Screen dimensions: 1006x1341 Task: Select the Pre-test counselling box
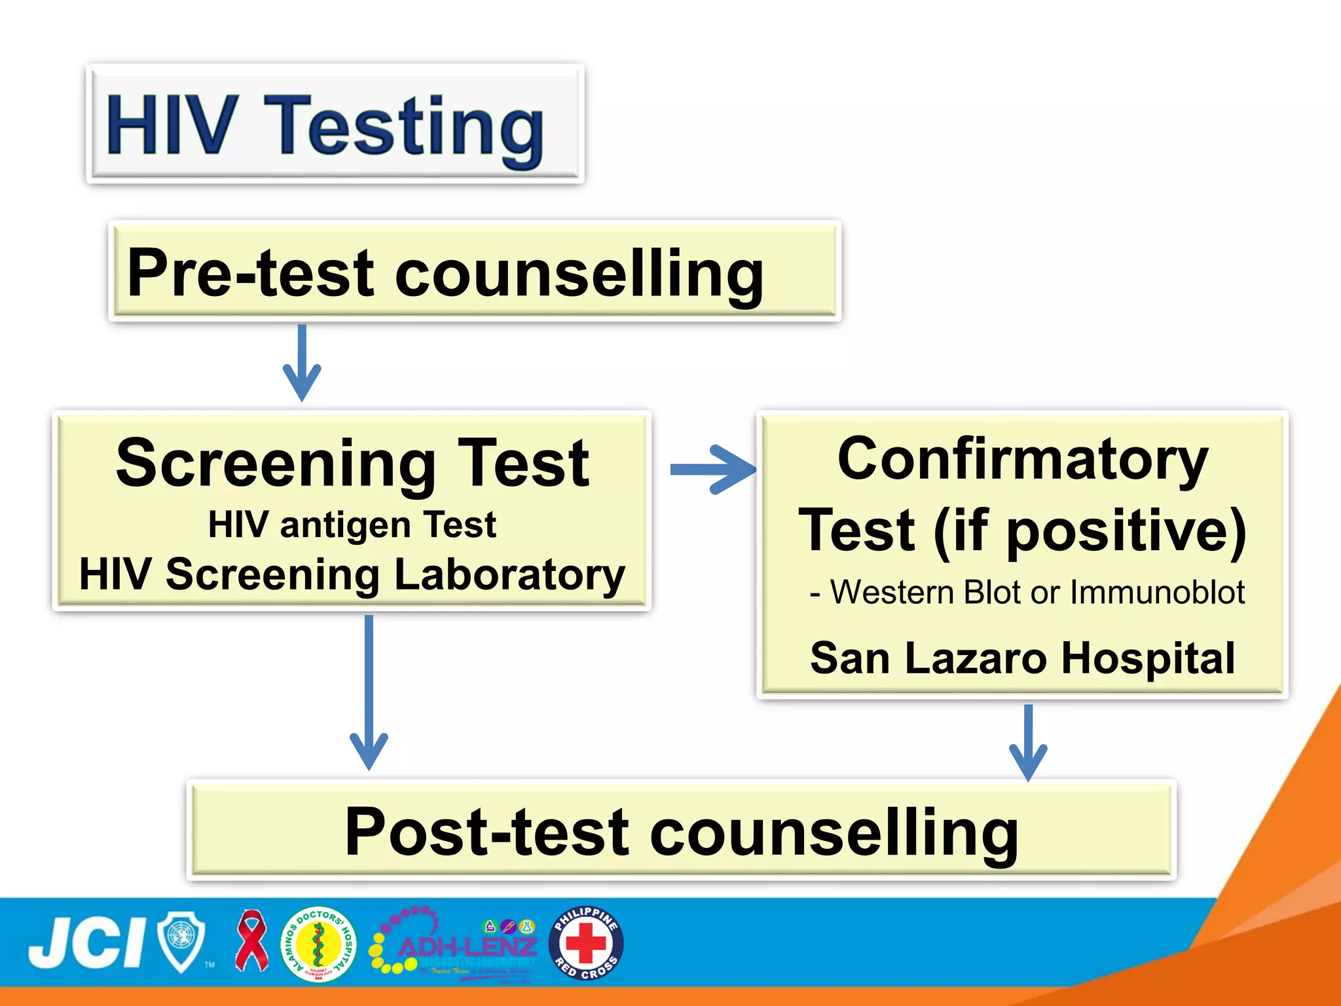click(x=474, y=271)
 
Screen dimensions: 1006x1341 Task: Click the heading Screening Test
click(x=352, y=463)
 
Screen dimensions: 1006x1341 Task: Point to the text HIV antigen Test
click(x=352, y=525)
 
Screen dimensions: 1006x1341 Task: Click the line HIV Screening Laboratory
click(x=352, y=574)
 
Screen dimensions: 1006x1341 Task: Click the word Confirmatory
click(x=1022, y=459)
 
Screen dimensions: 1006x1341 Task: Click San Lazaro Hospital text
click(x=1022, y=658)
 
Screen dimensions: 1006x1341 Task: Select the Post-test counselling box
click(x=681, y=830)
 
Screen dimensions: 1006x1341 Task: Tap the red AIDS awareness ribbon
click(x=251, y=941)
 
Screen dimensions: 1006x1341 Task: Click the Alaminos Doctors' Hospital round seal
click(x=318, y=944)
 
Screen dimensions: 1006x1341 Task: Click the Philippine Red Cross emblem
click(x=585, y=943)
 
